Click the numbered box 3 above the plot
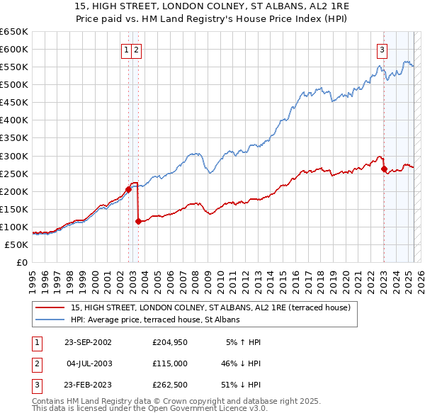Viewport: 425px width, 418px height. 382,50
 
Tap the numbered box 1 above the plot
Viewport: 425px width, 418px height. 126,50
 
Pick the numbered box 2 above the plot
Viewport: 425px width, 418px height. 135,50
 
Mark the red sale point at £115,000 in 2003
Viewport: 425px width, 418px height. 138,221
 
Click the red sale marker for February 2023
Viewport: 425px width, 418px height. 384,169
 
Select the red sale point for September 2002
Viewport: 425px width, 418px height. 129,189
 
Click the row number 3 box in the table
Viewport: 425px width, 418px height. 35,385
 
